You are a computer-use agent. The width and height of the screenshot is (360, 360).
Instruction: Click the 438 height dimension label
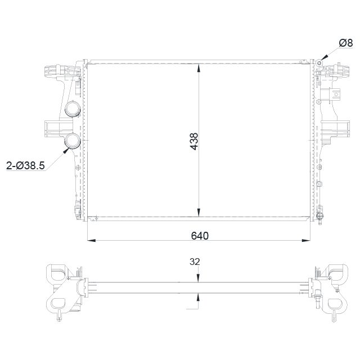click(x=194, y=141)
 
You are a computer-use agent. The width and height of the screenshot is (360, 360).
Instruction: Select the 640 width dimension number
click(x=200, y=236)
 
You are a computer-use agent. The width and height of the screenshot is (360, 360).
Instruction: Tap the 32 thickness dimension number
click(x=195, y=262)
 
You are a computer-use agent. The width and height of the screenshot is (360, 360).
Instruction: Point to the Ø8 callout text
click(x=345, y=43)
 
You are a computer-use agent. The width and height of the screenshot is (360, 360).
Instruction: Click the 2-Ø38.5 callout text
click(x=25, y=165)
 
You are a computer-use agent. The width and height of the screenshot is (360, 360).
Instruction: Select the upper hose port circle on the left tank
click(x=73, y=109)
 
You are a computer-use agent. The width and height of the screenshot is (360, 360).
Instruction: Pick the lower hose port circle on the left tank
click(x=73, y=141)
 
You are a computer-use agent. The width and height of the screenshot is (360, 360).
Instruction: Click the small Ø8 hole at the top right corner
click(x=319, y=63)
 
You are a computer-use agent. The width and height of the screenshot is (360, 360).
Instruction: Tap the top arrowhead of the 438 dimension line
click(x=199, y=68)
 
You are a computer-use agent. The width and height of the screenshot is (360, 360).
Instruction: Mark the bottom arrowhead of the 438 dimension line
click(x=199, y=212)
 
